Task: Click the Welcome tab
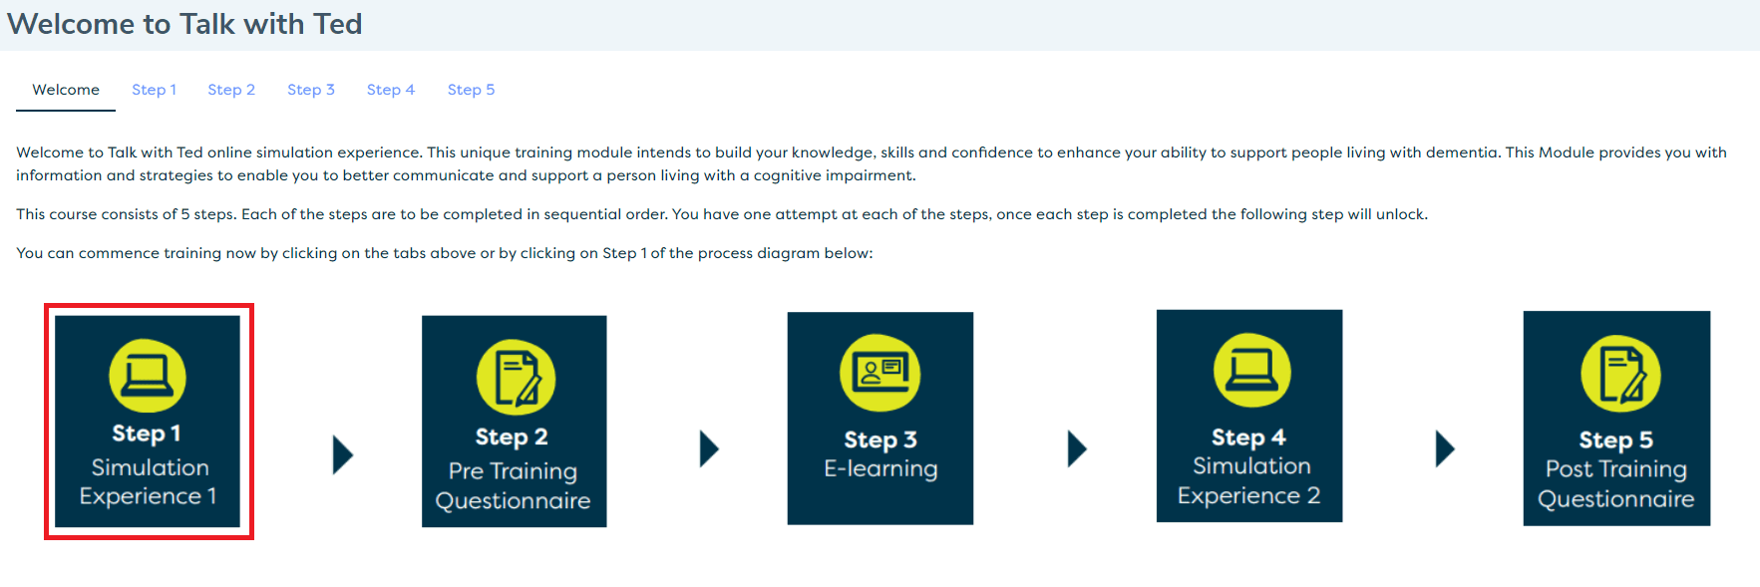(x=66, y=90)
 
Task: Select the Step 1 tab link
(x=154, y=90)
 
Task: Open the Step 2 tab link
(x=231, y=90)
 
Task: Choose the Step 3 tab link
(x=311, y=90)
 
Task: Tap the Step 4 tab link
(x=391, y=90)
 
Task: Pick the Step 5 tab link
(x=471, y=90)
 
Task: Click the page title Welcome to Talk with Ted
(x=184, y=24)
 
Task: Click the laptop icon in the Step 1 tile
(x=148, y=376)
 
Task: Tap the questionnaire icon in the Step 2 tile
(x=516, y=378)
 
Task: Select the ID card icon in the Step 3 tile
(x=880, y=373)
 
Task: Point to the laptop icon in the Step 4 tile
(x=1251, y=371)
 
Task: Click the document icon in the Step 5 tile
(x=1620, y=374)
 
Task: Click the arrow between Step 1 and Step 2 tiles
(x=343, y=454)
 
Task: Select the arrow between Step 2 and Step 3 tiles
(x=709, y=448)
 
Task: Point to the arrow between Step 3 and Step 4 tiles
(x=1077, y=448)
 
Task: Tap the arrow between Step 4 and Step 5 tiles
(x=1445, y=448)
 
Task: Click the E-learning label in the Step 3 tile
(x=880, y=469)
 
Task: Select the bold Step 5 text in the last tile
(x=1616, y=440)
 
